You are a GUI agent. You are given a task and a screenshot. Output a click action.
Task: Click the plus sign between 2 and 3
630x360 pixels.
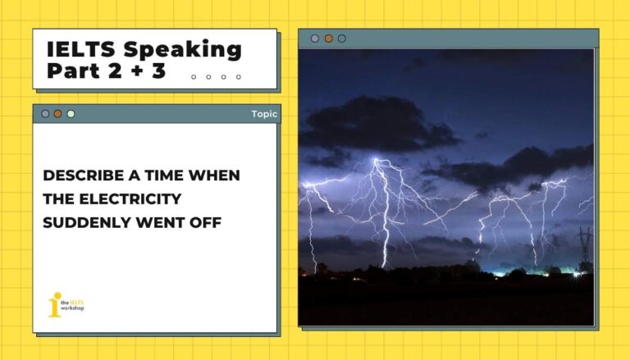135,71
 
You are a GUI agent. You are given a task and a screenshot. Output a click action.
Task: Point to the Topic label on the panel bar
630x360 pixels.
263,114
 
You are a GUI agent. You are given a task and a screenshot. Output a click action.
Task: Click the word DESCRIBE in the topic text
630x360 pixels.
80,175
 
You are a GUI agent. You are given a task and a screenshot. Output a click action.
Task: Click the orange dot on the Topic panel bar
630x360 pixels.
57,114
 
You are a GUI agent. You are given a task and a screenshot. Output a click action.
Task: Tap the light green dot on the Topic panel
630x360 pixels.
71,114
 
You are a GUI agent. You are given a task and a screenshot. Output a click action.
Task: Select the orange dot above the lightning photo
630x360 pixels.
328,39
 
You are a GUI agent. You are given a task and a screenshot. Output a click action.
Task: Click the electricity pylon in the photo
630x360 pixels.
583,247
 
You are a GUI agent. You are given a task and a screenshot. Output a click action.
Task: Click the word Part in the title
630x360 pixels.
71,71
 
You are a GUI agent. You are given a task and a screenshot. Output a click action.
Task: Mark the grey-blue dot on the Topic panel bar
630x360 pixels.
45,114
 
